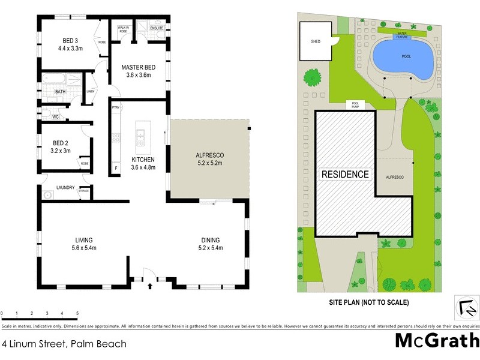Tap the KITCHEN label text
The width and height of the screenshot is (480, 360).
[143, 160]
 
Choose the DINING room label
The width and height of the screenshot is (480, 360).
[211, 239]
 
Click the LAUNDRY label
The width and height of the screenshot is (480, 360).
[65, 188]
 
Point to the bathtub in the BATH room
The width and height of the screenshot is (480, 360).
[53, 78]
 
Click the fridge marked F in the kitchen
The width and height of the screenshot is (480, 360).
[116, 169]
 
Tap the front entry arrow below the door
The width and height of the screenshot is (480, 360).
[149, 287]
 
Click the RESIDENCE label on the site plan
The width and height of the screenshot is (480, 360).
[345, 175]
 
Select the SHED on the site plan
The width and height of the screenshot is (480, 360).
[315, 42]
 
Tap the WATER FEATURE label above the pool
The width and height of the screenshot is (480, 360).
[400, 35]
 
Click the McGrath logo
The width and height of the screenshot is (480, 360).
[436, 341]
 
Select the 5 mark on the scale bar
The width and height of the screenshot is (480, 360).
[77, 314]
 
